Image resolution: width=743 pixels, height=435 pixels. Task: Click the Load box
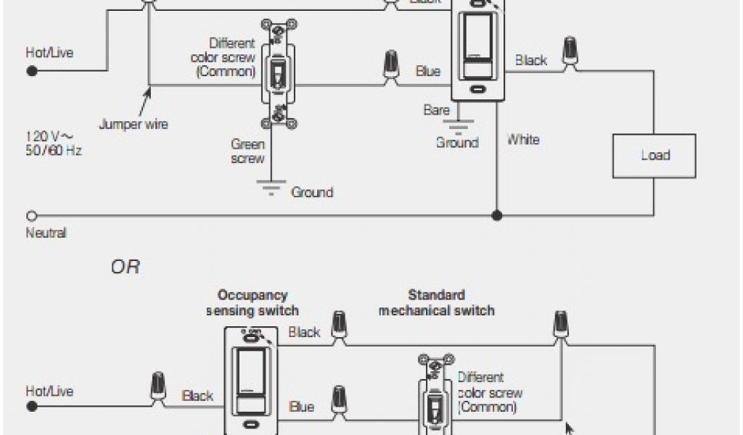654,155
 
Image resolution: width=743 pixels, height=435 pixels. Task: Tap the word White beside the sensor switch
523,139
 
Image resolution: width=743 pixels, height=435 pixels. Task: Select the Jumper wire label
134,124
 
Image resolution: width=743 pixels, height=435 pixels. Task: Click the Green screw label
247,151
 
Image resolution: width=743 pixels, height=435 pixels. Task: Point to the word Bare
437,110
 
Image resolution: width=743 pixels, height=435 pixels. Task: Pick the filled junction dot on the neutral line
497,216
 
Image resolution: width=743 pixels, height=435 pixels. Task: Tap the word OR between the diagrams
125,268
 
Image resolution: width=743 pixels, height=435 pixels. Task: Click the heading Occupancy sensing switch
252,303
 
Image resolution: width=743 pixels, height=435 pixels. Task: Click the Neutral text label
46,233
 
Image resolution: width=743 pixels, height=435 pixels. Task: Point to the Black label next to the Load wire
531,60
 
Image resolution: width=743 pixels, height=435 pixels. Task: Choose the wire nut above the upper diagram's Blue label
393,64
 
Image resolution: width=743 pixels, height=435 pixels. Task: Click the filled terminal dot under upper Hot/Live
32,71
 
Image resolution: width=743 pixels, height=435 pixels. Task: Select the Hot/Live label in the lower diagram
49,391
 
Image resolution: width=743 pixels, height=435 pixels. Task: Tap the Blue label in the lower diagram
301,407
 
